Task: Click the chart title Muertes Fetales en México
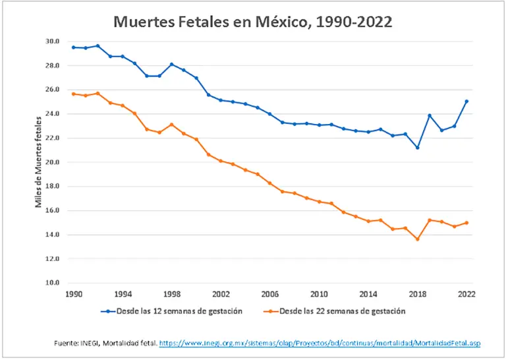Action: [253, 22]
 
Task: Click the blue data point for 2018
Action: [417, 147]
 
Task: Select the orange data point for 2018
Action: [417, 239]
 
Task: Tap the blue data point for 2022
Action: [466, 102]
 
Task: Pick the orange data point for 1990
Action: [73, 94]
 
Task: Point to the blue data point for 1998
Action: [171, 64]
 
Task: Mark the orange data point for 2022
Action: [466, 223]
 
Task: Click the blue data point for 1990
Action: [73, 47]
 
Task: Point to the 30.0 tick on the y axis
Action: [52, 41]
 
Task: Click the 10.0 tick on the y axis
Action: [52, 283]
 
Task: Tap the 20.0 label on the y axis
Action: [52, 162]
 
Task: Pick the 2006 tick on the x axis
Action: [270, 294]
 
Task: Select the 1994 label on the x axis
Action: [123, 294]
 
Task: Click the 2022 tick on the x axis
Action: [466, 294]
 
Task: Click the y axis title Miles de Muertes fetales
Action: [39, 162]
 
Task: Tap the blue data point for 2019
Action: [430, 115]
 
